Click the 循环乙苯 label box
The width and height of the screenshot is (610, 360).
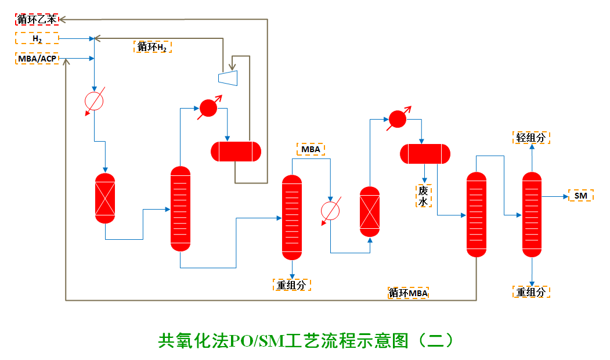coord(37,19)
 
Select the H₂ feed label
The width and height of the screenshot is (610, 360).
coord(37,38)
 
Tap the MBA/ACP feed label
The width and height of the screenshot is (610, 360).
coord(37,59)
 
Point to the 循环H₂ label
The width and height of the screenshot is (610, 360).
coord(153,47)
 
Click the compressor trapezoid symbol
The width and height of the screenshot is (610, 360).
coord(228,77)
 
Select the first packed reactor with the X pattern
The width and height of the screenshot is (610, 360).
coord(105,197)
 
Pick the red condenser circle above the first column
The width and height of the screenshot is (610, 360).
coord(207,107)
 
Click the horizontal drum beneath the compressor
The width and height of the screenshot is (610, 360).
coord(236,151)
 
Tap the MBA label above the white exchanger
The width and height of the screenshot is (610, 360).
coord(311,149)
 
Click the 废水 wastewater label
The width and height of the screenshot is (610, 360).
coord(424,196)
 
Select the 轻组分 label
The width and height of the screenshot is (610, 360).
coord(530,138)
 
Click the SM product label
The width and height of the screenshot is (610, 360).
coord(580,196)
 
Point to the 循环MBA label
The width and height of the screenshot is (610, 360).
coord(409,293)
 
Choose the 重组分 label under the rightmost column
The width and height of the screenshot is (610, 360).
coord(530,292)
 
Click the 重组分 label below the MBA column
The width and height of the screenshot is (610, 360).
coord(291,285)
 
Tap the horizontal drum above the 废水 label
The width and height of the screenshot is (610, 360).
coord(425,153)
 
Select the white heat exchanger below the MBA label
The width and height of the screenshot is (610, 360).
coord(330,211)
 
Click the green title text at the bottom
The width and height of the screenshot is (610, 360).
coord(305,340)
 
